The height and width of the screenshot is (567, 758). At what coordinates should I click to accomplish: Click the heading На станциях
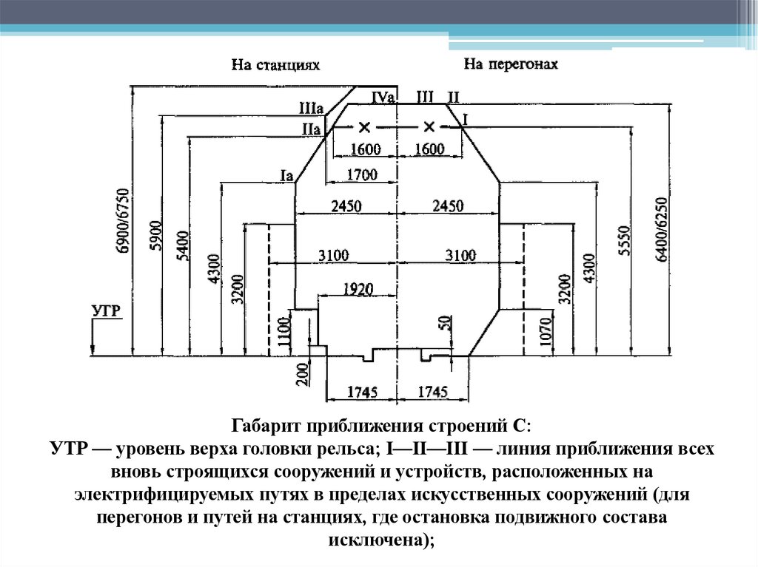tap(275, 66)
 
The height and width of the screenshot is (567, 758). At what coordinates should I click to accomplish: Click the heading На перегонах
tap(511, 64)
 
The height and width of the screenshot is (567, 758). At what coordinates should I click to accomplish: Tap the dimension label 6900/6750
tap(123, 223)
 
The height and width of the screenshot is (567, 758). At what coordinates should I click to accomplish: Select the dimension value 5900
tap(155, 237)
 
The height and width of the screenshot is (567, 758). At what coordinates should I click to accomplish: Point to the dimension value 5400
tap(183, 246)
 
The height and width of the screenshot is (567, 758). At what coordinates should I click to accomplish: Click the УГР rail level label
tap(106, 310)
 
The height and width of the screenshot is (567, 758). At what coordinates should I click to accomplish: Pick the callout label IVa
tap(384, 97)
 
